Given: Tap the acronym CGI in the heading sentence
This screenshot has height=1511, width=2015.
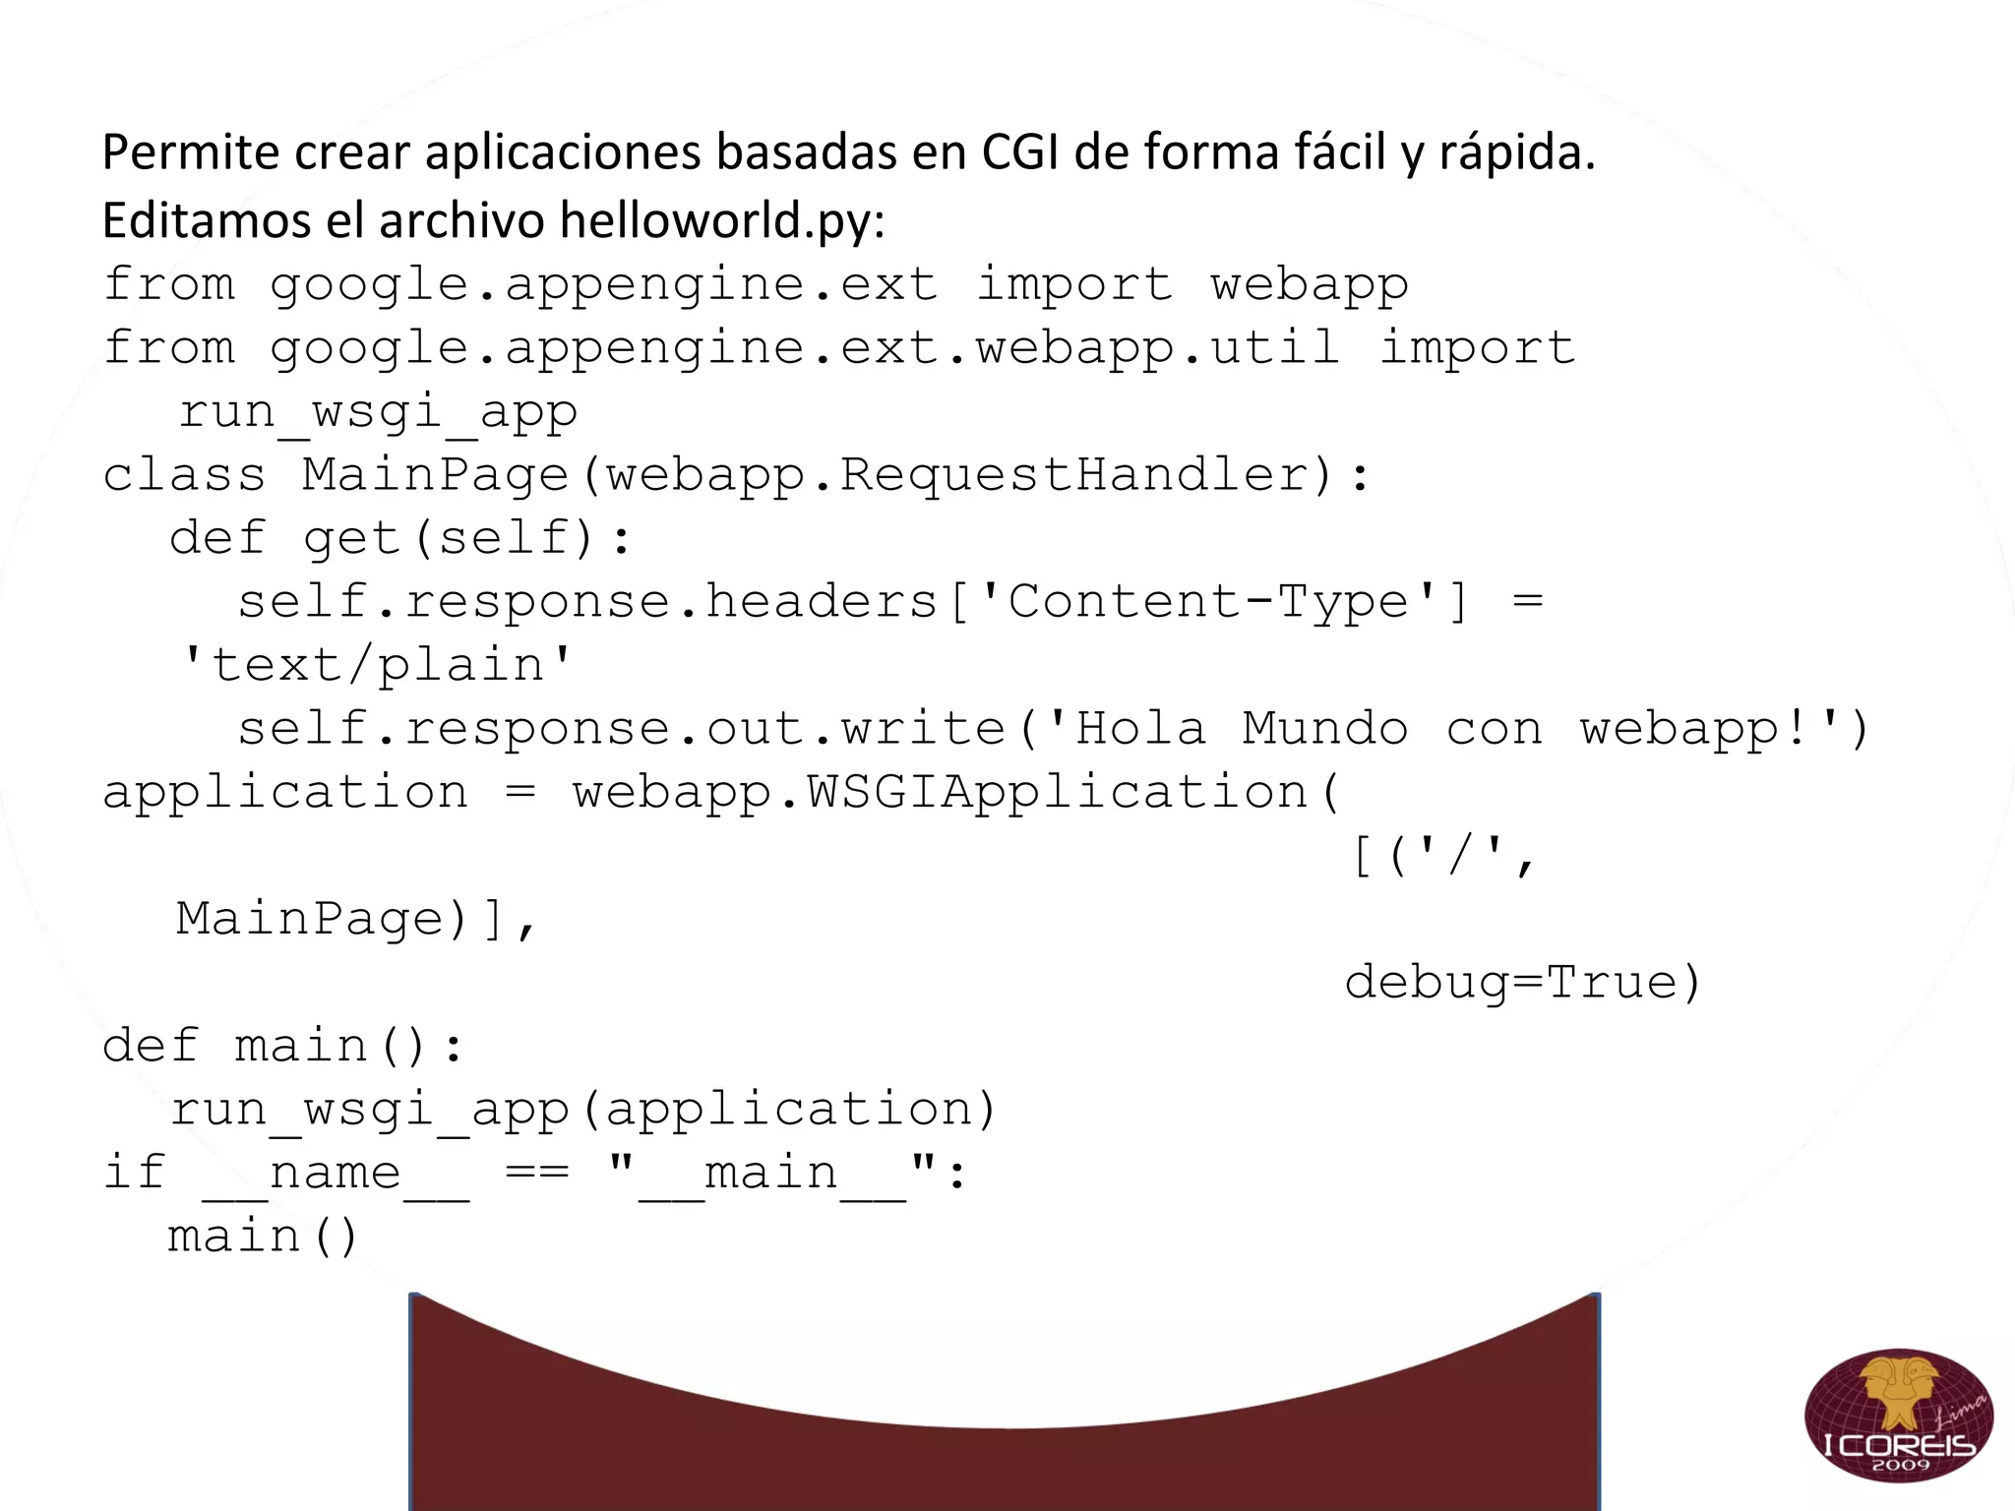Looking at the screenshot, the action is click(x=1018, y=152).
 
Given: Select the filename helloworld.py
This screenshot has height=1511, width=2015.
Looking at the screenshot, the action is click(x=721, y=219).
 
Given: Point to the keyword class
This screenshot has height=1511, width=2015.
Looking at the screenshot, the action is click(x=184, y=475).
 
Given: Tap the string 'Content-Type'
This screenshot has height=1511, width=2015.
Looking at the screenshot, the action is click(x=1208, y=601).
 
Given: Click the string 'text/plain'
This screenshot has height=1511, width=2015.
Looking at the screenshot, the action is click(x=377, y=665).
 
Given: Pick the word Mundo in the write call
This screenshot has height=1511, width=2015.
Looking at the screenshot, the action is click(x=1324, y=729).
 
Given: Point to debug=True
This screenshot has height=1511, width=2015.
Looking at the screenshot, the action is click(x=1522, y=982).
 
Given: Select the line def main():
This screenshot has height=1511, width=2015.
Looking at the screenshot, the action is click(x=282, y=1046).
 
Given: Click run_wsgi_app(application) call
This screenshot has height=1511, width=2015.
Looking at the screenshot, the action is click(x=584, y=1110).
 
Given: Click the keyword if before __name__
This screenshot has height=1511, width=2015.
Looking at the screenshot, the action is click(x=134, y=1173).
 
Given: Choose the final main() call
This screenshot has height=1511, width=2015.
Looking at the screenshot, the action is click(x=263, y=1237).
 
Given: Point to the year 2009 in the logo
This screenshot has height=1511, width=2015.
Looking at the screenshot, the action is click(x=1900, y=1465).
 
